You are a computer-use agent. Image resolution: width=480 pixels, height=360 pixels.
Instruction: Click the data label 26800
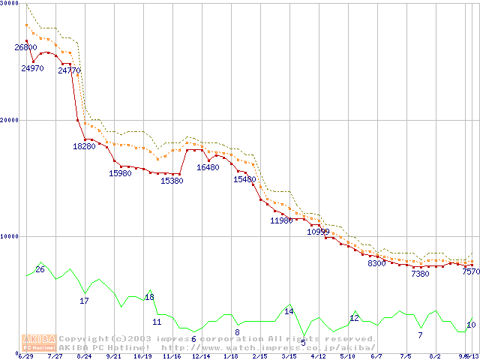[25, 47]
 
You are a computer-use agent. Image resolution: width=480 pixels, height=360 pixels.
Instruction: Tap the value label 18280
[84, 146]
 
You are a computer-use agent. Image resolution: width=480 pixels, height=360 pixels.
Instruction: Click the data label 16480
[208, 167]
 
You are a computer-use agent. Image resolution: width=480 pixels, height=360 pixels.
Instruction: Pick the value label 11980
[281, 220]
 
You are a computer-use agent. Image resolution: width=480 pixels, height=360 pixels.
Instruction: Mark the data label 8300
[376, 263]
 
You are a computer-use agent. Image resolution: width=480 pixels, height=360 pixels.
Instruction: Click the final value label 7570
[470, 272]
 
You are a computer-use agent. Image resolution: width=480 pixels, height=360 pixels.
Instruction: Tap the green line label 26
[40, 269]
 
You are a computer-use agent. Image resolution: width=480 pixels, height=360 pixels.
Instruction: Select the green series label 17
[84, 301]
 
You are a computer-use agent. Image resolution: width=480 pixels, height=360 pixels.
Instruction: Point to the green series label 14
[289, 311]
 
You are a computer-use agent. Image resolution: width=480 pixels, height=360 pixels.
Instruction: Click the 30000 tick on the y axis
[10, 4]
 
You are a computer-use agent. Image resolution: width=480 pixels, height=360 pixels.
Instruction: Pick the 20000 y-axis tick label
[10, 120]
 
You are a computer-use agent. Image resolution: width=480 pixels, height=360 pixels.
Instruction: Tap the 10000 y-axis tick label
[10, 236]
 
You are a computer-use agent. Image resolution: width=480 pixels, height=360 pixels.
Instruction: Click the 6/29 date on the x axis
[25, 356]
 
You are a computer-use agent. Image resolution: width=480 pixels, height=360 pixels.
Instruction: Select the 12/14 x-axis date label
[201, 356]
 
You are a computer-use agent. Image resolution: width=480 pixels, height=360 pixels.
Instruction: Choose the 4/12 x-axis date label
[318, 356]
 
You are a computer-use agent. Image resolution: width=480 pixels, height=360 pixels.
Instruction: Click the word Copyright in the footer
[84, 339]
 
